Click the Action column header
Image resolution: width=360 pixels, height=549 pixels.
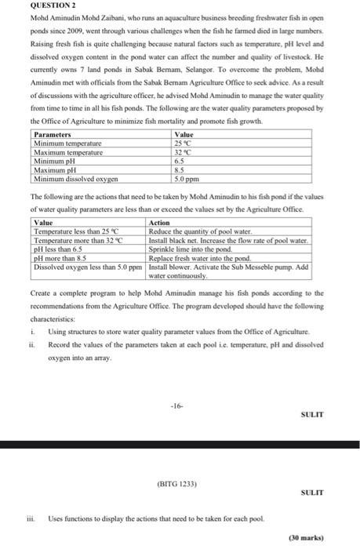(158, 223)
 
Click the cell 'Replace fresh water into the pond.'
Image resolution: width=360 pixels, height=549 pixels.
(198, 256)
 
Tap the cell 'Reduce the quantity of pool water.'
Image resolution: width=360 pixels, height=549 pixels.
(200, 231)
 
